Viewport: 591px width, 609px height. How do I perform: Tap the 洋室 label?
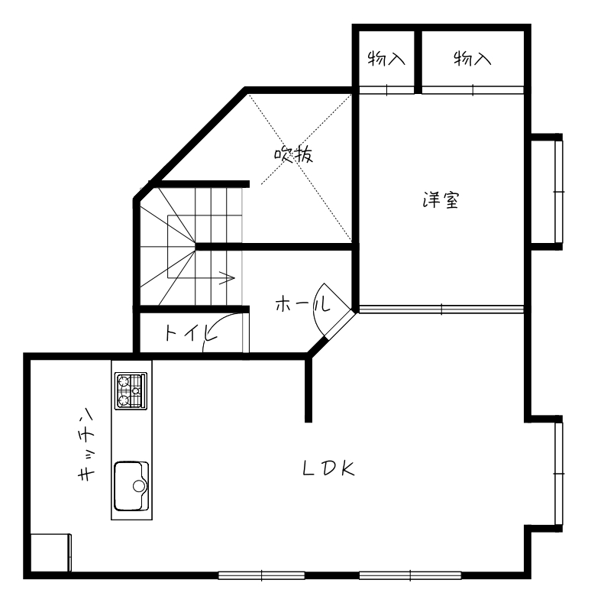pyautogui.click(x=441, y=201)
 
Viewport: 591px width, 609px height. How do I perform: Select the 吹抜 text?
pyautogui.click(x=294, y=155)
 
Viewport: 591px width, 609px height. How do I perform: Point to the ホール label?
pyautogui.click(x=302, y=305)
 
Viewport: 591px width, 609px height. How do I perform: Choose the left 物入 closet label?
pyautogui.click(x=386, y=58)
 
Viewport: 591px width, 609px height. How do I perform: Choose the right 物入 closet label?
pyautogui.click(x=472, y=58)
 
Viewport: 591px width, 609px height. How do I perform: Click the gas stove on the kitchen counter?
pyautogui.click(x=131, y=391)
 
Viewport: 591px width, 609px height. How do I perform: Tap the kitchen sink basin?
pyautogui.click(x=131, y=485)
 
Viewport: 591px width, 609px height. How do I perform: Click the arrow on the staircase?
pyautogui.click(x=226, y=277)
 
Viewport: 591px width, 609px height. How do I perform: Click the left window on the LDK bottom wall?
pyautogui.click(x=261, y=575)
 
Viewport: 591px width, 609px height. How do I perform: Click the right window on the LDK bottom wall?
pyautogui.click(x=410, y=575)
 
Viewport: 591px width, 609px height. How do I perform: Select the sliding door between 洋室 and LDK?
pyautogui.click(x=442, y=309)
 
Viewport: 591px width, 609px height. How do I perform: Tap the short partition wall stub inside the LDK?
pyautogui.click(x=309, y=388)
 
